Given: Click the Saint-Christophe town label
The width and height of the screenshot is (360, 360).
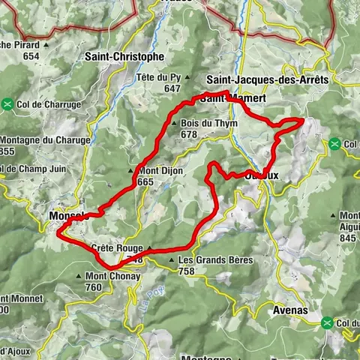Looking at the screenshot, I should coord(124,56).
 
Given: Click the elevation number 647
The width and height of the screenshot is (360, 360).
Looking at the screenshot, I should coord(173,88).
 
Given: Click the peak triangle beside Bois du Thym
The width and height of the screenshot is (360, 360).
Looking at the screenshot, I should coord(175,124).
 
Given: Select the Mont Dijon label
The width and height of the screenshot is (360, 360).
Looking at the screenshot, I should coord(160,171).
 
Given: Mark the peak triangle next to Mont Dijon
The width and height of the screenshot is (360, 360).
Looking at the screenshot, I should coord(132,171).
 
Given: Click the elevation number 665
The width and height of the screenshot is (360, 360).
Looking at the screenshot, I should coord(145,181).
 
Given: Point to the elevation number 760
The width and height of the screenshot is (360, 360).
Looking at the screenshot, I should coord(94,286).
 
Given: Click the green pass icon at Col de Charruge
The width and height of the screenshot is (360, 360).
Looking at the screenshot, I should coord(7,104).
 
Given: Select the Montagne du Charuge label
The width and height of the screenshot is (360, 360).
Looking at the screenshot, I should coord(45,140).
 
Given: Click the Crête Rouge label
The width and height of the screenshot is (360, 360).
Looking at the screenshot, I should coord(116,248).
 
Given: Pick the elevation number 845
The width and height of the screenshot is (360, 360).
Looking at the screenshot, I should coord(347,238).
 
